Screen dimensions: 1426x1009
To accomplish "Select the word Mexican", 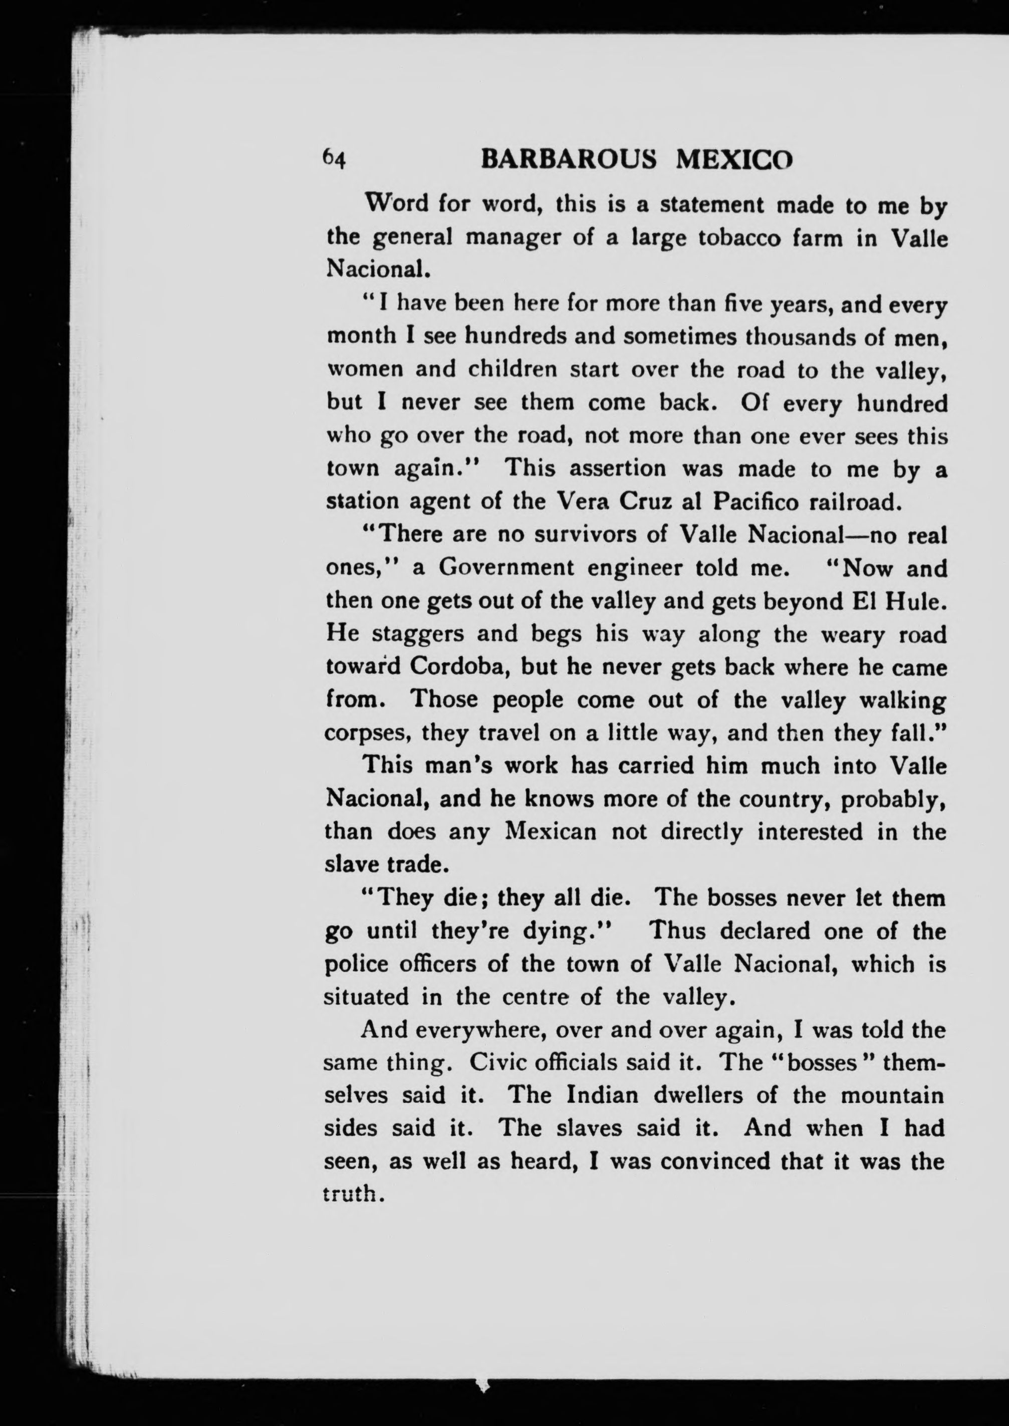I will (x=551, y=831).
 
